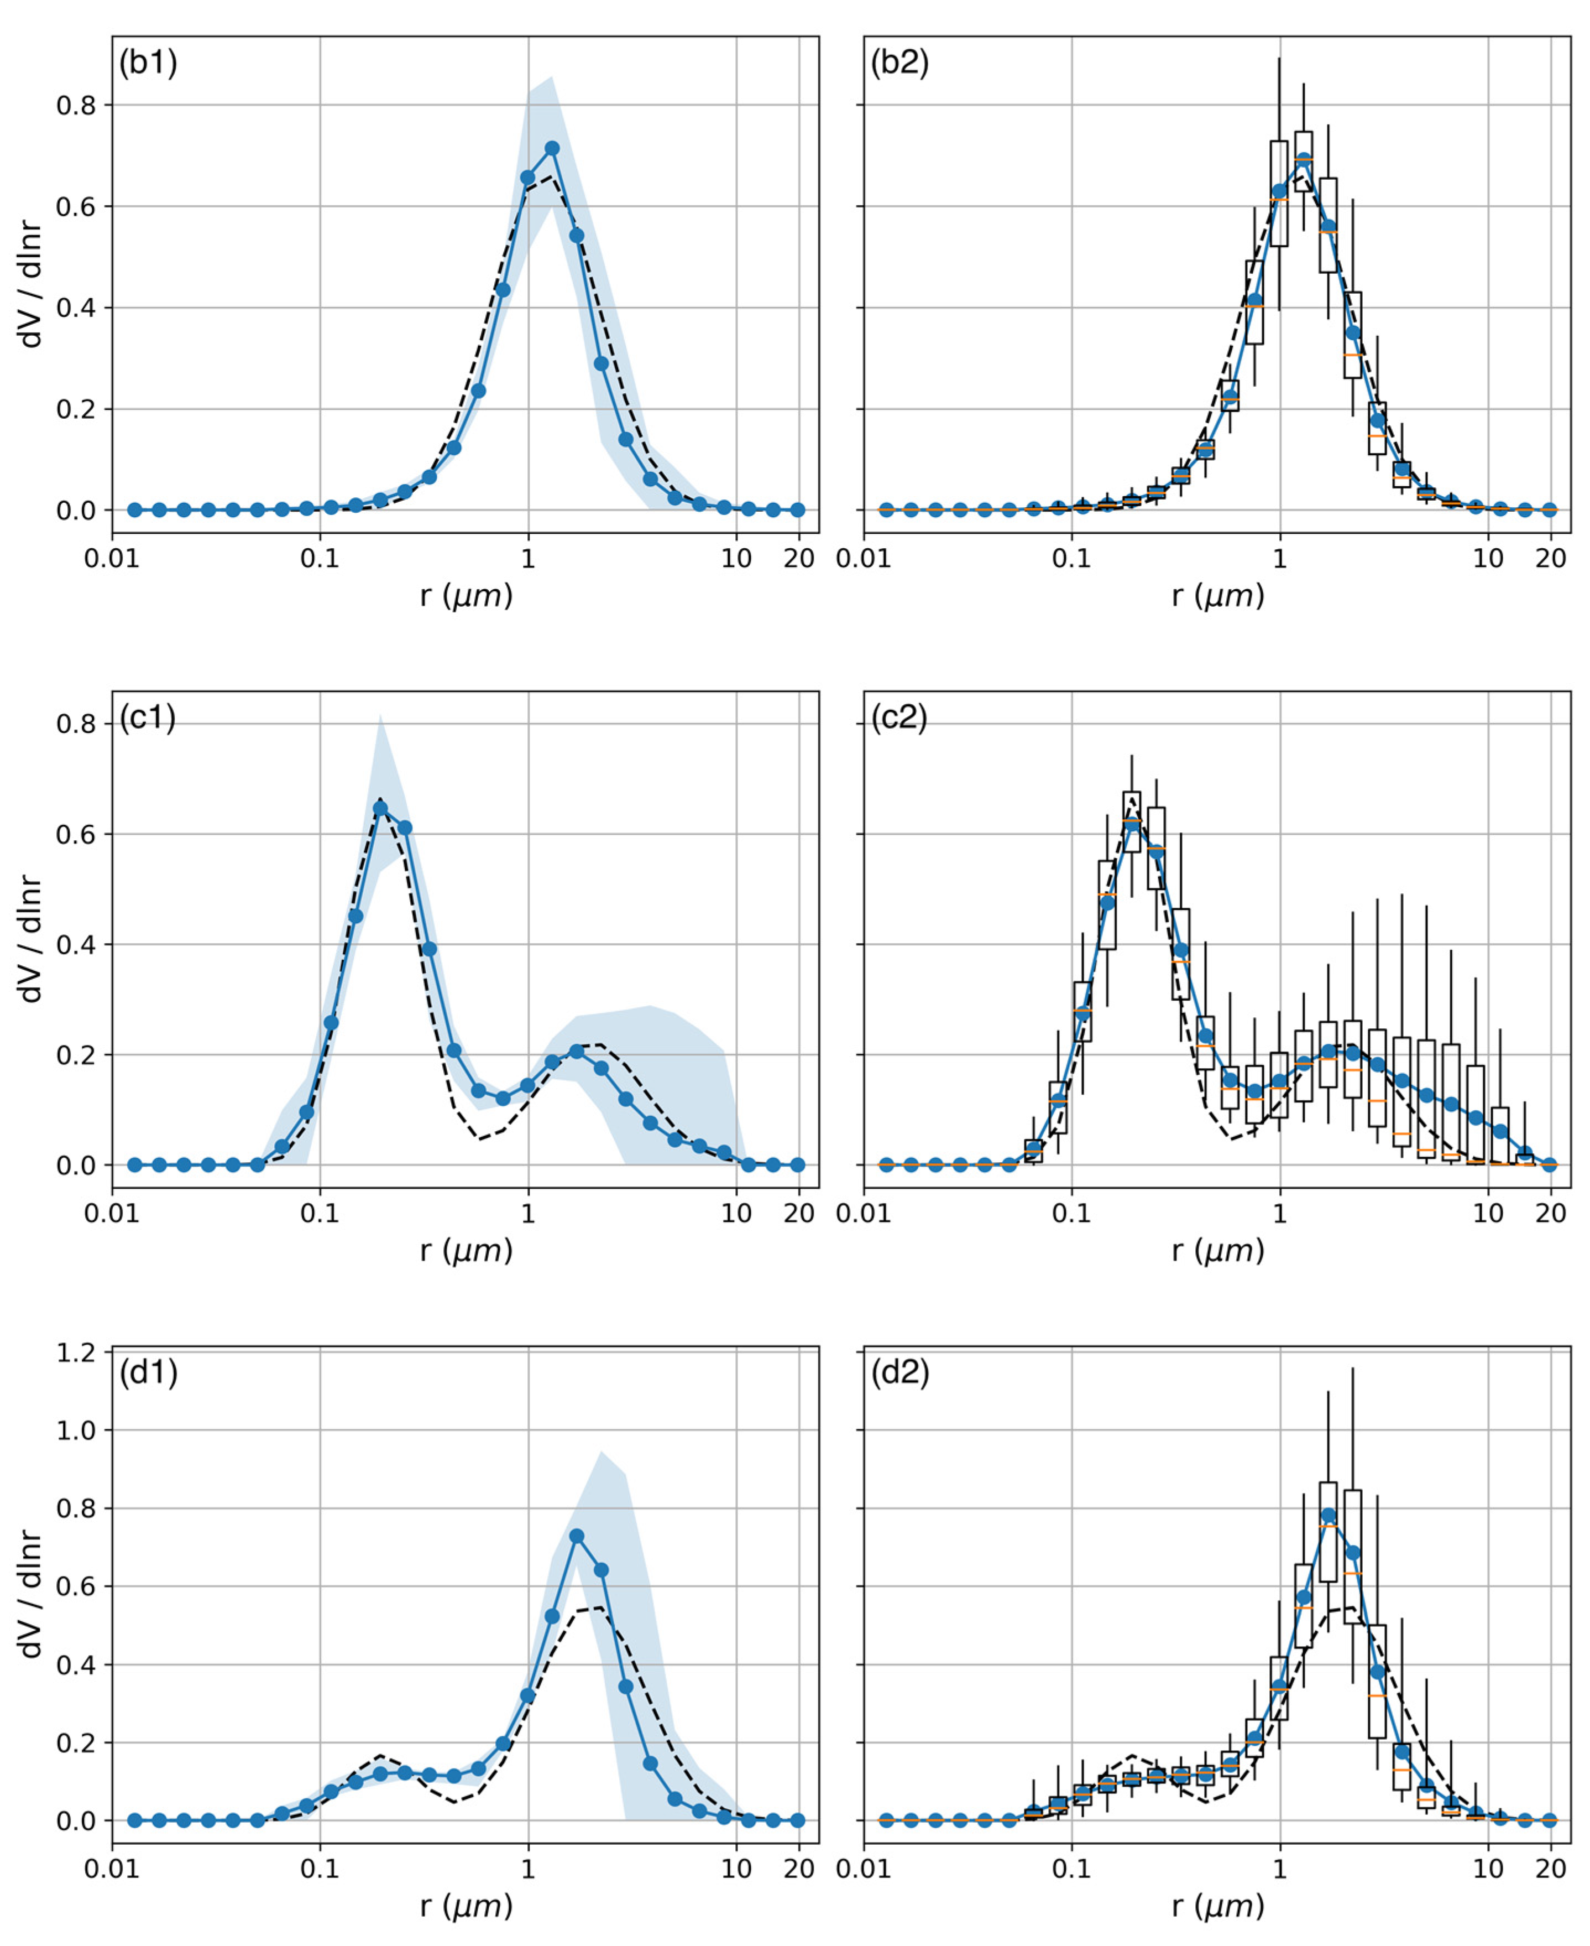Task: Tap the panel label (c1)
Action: coord(148,717)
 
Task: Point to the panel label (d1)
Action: coord(148,1372)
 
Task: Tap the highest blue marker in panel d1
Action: coord(576,1537)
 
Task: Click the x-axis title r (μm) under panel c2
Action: coord(1217,1251)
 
